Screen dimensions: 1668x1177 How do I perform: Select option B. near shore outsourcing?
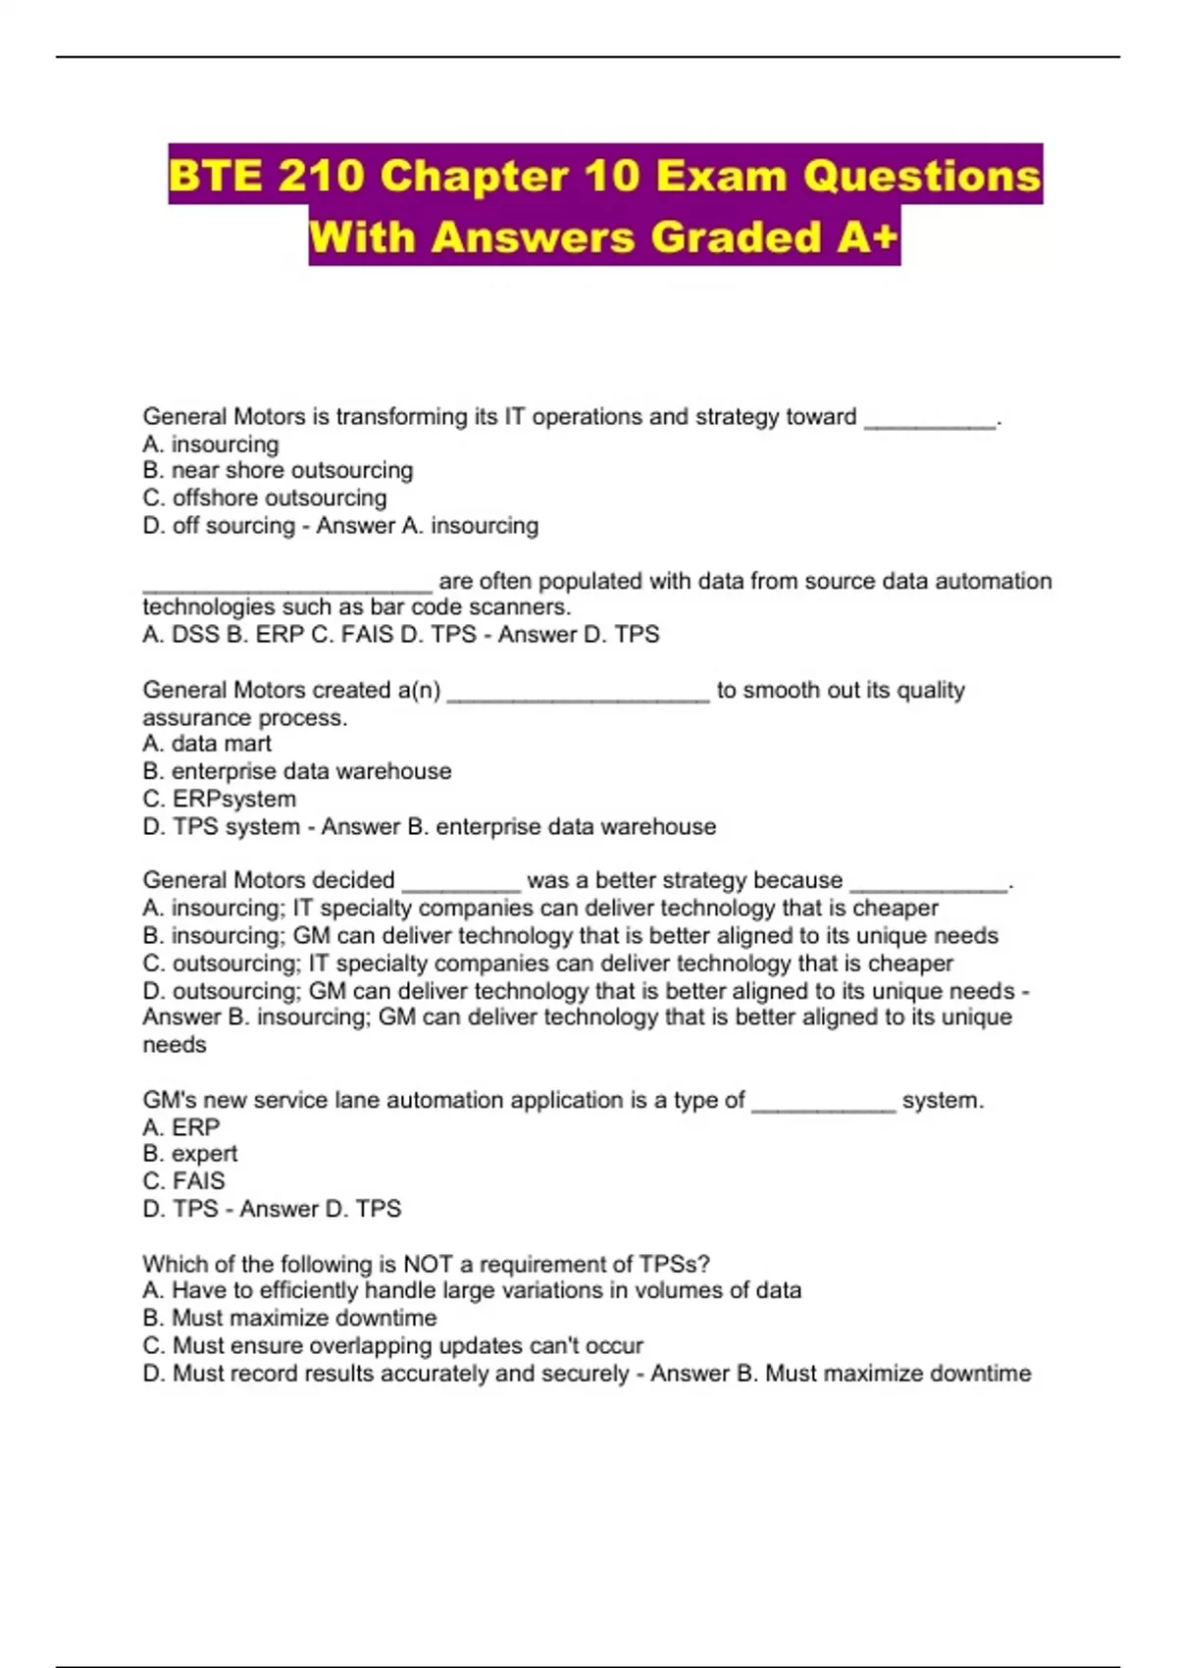click(x=278, y=470)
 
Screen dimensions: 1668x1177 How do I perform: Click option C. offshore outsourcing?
click(x=265, y=497)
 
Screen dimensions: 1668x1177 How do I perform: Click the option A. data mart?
click(x=207, y=744)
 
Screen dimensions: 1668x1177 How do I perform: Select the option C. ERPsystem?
click(x=219, y=799)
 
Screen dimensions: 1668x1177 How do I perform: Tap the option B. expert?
click(x=190, y=1154)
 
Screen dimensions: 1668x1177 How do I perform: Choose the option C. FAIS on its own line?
click(x=183, y=1181)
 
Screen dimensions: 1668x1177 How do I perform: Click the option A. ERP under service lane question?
click(x=181, y=1127)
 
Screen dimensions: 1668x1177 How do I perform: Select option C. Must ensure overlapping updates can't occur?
click(x=392, y=1345)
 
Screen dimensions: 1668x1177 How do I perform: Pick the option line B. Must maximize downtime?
click(x=289, y=1318)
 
